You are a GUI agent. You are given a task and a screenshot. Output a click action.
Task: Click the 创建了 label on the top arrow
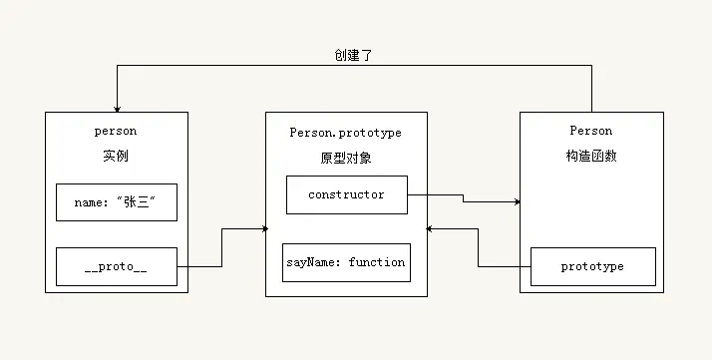click(354, 55)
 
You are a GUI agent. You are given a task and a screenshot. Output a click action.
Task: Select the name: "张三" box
click(117, 201)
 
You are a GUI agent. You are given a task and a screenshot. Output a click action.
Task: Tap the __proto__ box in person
click(117, 266)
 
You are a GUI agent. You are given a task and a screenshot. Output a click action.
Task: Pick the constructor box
click(346, 194)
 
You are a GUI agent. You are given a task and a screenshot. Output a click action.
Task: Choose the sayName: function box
click(345, 262)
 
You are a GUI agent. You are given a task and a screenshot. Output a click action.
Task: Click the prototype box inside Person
click(592, 266)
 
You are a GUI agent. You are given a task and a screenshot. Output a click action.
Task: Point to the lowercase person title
click(116, 131)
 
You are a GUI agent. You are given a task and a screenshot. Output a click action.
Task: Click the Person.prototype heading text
click(345, 132)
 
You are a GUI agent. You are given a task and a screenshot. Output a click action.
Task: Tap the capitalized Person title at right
click(590, 131)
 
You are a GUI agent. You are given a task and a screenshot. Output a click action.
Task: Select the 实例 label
click(116, 157)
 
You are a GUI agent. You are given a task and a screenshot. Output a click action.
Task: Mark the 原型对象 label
click(345, 159)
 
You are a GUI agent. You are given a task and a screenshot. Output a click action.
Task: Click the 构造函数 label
click(590, 157)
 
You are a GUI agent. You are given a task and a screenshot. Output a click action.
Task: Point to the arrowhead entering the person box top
click(117, 109)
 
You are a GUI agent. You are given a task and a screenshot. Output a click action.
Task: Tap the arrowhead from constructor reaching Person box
click(518, 202)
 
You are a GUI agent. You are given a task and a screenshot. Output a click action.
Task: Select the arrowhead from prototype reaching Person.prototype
click(430, 229)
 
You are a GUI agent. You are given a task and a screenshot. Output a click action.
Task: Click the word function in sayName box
click(377, 262)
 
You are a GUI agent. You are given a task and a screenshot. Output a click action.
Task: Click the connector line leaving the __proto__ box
click(199, 266)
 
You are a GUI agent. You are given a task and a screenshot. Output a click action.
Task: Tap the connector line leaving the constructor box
click(435, 194)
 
